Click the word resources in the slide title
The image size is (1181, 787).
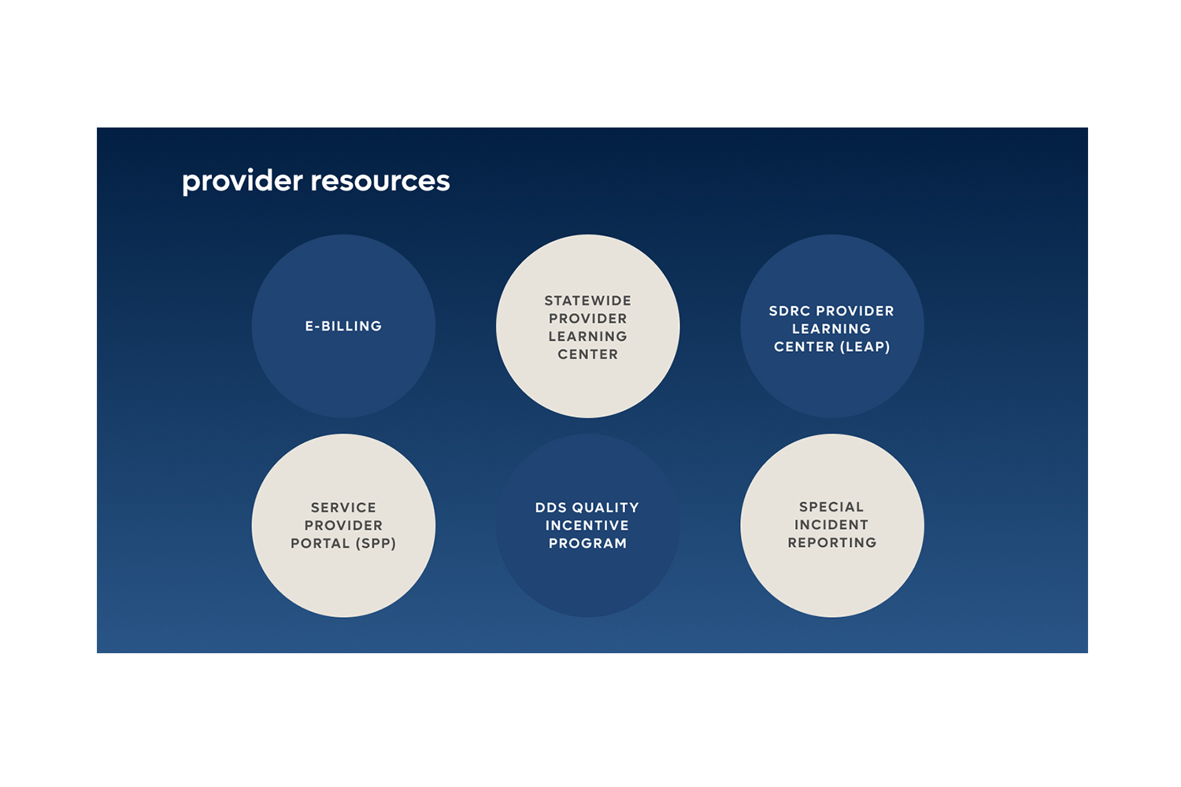[x=380, y=181]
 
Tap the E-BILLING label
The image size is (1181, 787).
[x=343, y=326]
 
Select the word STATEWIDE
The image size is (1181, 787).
[x=588, y=301]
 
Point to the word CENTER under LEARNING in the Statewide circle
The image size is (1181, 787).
[x=588, y=354]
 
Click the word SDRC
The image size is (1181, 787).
[x=790, y=311]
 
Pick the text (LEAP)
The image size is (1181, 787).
[x=864, y=346]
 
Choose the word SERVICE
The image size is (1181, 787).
[x=343, y=508]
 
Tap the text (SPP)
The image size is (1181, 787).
[x=376, y=543]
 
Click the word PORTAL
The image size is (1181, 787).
[x=320, y=543]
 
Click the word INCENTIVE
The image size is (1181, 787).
[x=587, y=525]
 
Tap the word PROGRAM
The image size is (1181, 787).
[x=588, y=543]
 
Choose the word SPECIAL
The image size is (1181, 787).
[x=831, y=507]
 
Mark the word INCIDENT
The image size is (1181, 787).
[x=831, y=524]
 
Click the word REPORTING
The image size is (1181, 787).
[x=832, y=542]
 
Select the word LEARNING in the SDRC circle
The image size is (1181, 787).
[x=831, y=328]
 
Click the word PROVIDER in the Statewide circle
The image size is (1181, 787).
[x=588, y=318]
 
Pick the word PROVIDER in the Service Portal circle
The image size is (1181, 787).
[x=343, y=525]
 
